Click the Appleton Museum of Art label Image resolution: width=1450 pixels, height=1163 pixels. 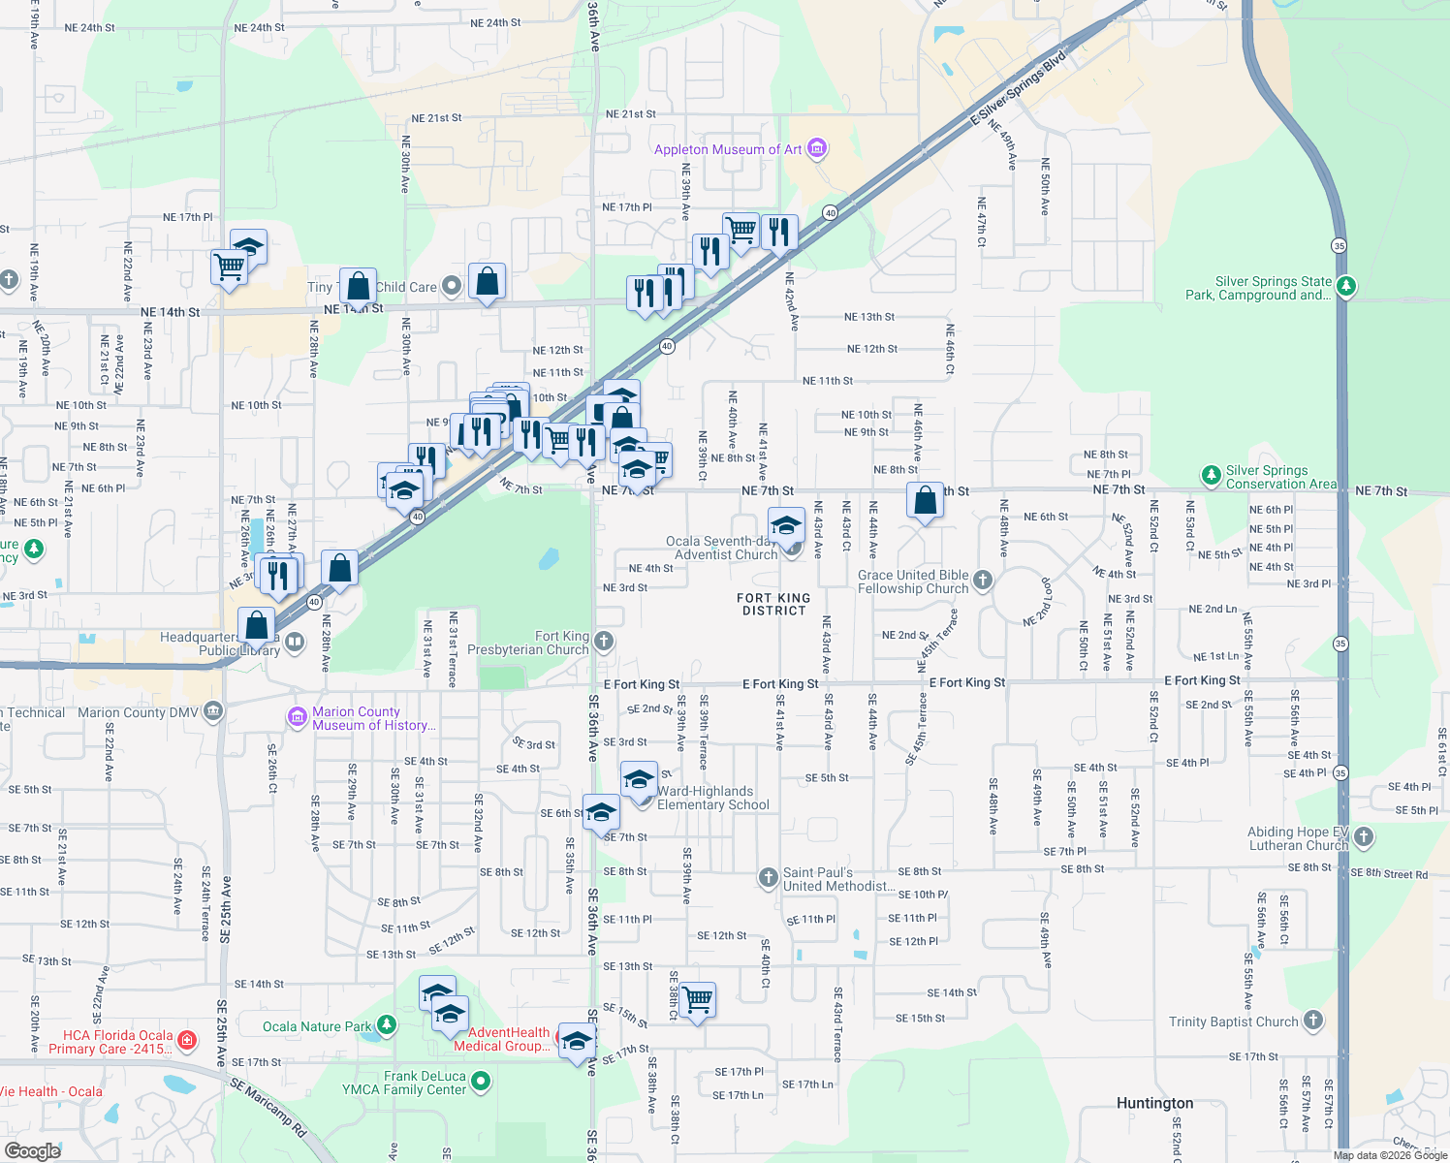tap(728, 149)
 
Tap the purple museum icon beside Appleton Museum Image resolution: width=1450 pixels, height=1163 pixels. tap(817, 148)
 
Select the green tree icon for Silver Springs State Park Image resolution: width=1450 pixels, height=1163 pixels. tap(1345, 287)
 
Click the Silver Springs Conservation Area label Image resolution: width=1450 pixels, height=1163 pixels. tap(1280, 477)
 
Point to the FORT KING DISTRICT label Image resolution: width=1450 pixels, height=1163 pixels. tap(773, 605)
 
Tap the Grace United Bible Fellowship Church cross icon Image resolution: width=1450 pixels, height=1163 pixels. tap(983, 581)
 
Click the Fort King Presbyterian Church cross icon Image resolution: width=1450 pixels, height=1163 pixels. tap(603, 641)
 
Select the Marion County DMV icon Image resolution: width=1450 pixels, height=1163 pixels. tap(213, 712)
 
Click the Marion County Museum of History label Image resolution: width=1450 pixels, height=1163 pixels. tap(373, 718)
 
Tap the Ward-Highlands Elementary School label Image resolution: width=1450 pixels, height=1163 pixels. tap(713, 798)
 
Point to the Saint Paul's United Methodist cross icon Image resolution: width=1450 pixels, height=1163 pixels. tap(768, 878)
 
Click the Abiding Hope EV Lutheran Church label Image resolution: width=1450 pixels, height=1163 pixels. tap(1298, 838)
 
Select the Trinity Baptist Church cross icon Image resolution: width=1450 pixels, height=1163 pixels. tap(1313, 1021)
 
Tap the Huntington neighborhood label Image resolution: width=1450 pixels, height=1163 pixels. tap(1154, 1103)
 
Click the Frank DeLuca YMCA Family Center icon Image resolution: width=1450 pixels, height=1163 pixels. tap(482, 1081)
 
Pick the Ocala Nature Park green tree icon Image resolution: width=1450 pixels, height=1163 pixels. tap(386, 1024)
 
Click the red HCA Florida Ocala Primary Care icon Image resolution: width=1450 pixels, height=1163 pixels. tap(187, 1041)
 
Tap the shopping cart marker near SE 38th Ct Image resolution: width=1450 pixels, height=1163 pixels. tap(698, 999)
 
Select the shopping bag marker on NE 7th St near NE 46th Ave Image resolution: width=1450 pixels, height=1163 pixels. tap(926, 500)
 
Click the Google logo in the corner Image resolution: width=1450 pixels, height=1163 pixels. tap(32, 1150)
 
